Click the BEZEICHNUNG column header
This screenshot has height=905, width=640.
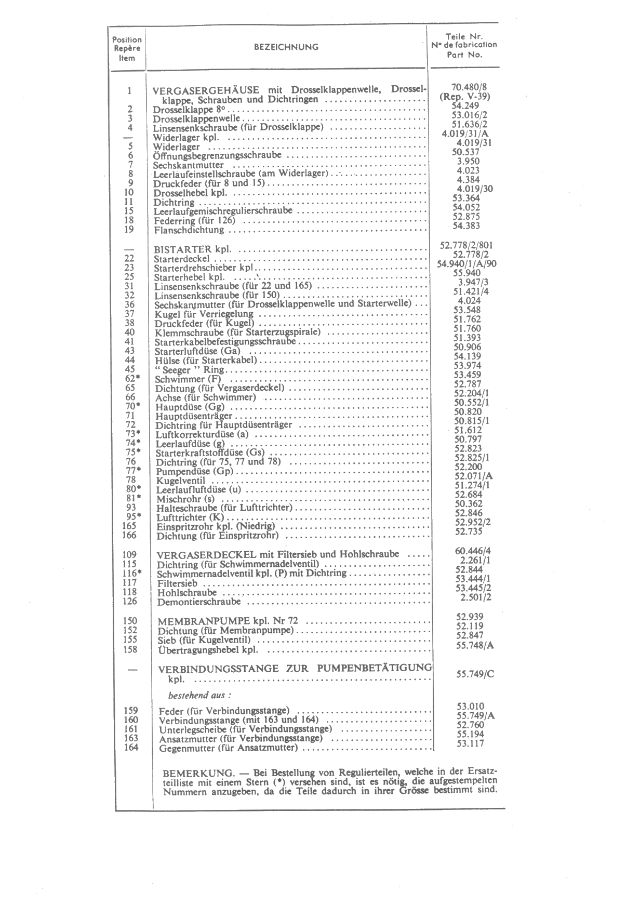(286, 47)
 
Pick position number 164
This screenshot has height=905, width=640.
(131, 748)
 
